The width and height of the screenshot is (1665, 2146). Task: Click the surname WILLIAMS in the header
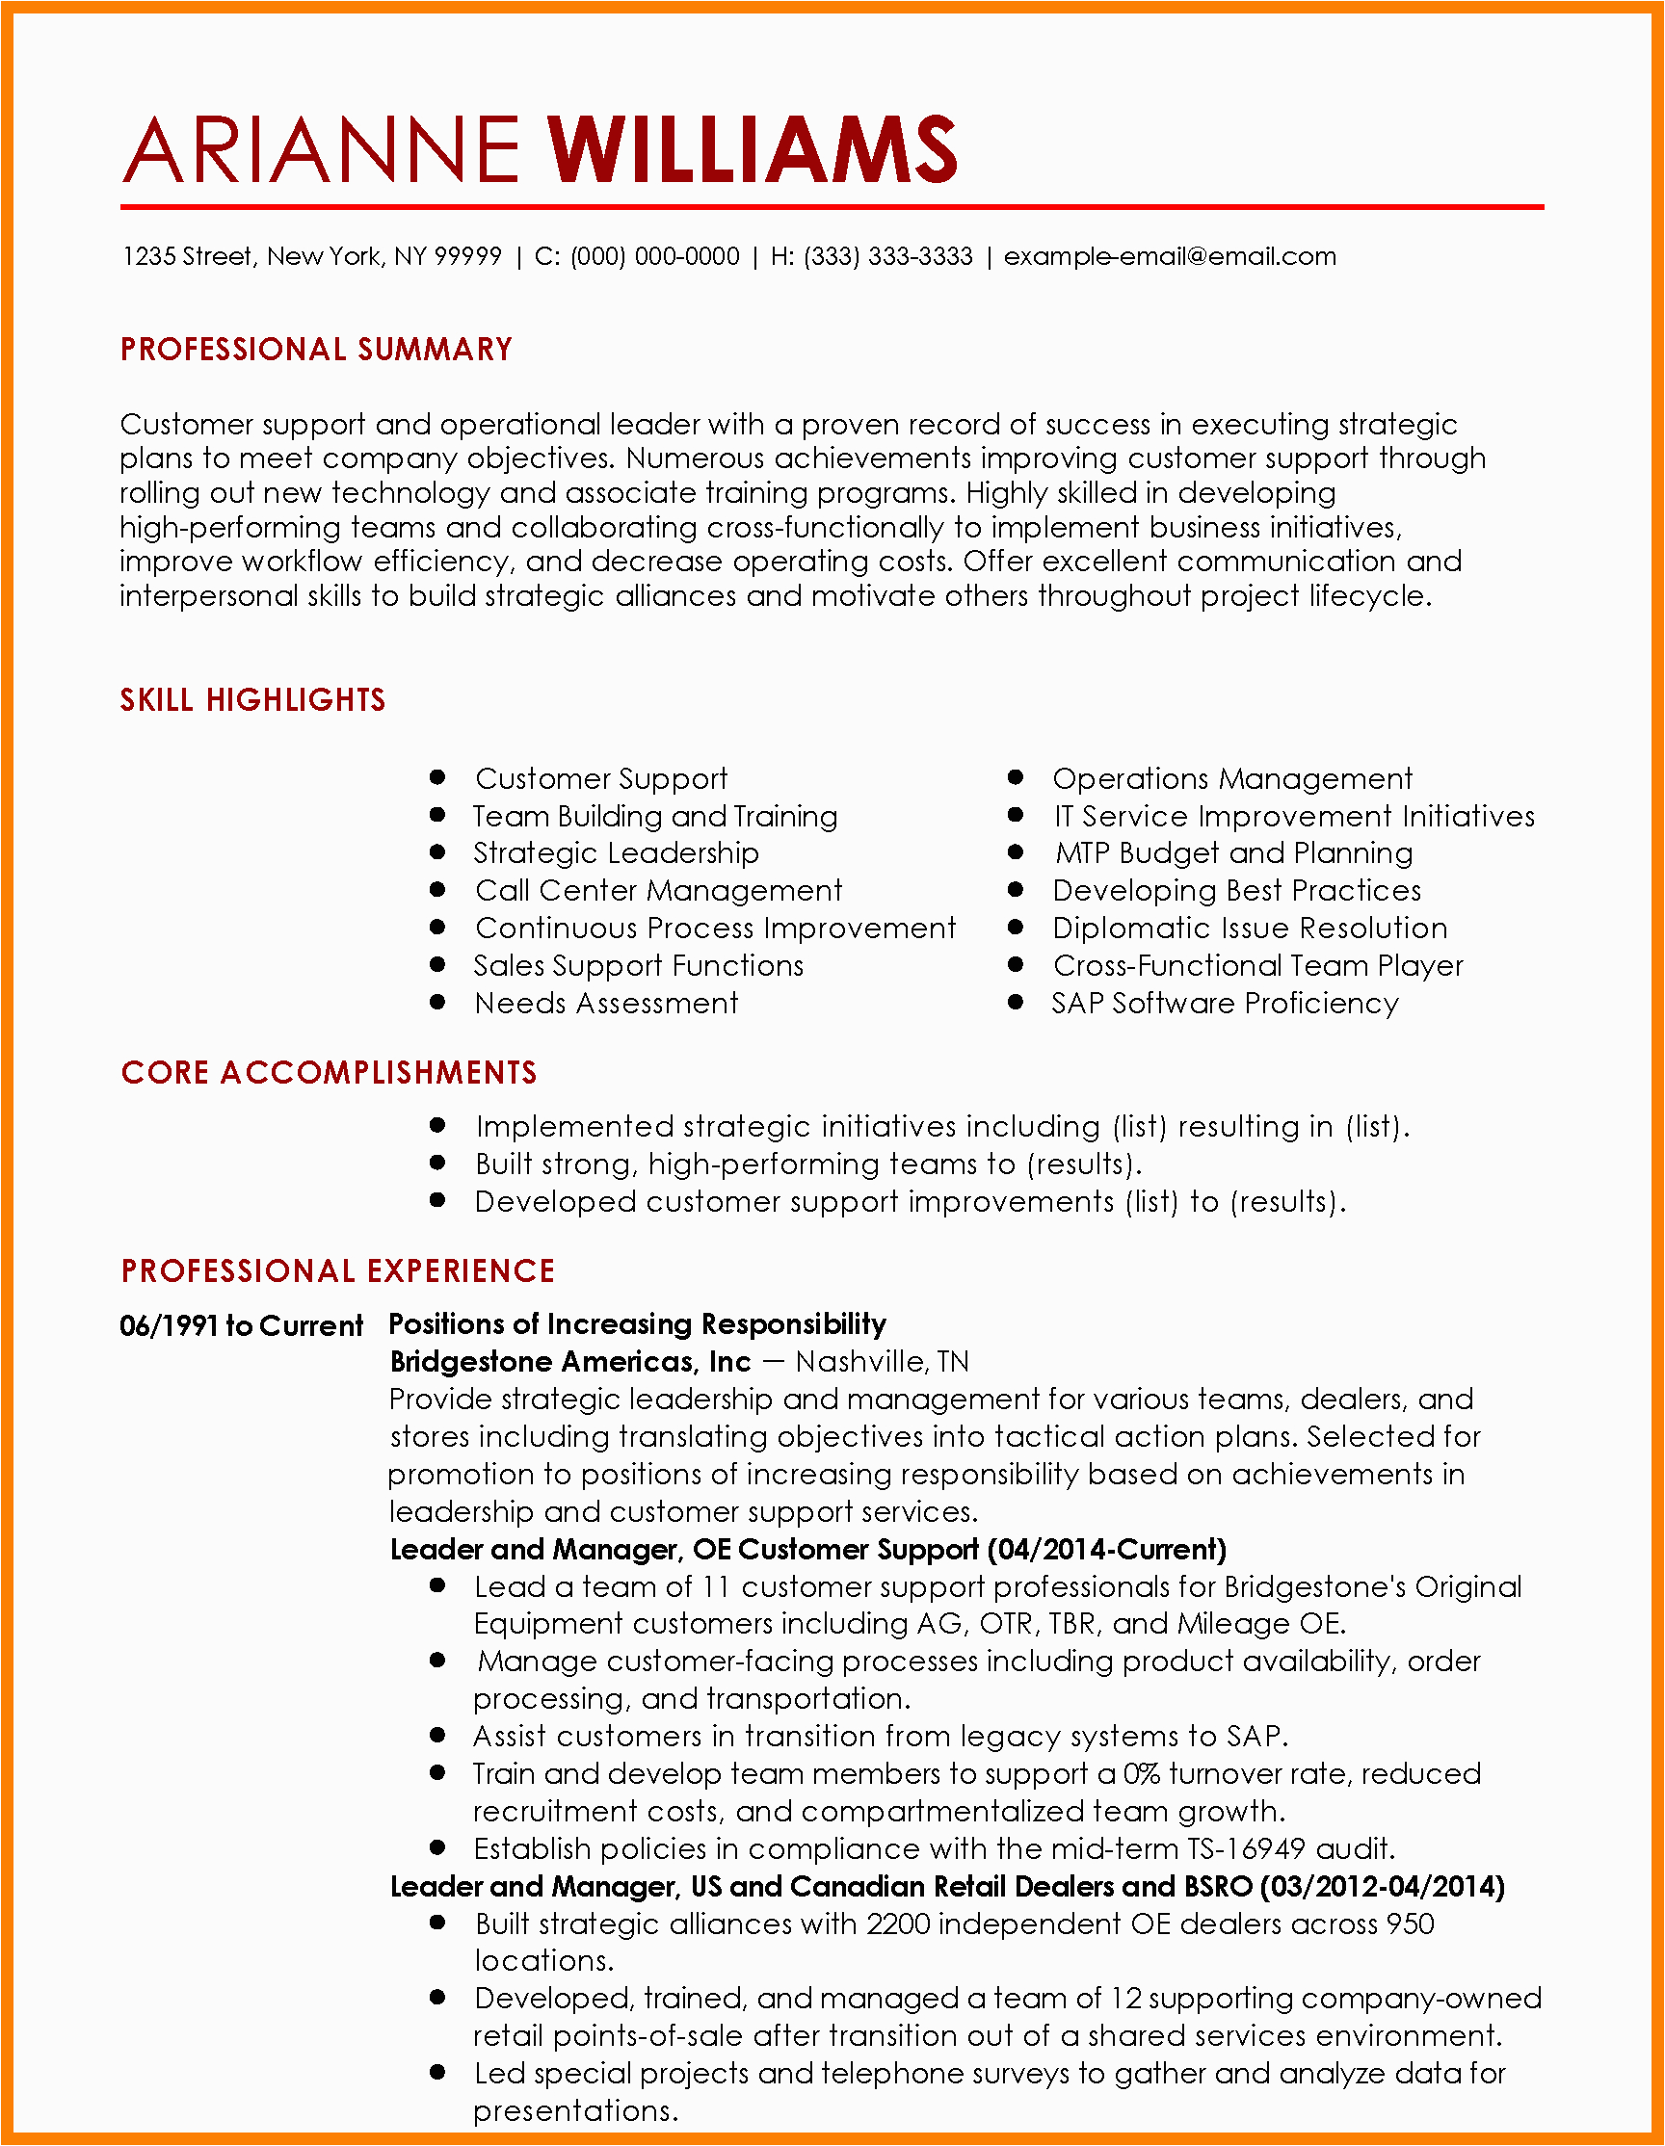[752, 149]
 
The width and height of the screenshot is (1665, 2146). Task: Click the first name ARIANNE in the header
[322, 149]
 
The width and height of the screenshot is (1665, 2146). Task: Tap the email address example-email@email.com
[1170, 256]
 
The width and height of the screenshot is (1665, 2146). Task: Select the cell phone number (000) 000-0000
[654, 256]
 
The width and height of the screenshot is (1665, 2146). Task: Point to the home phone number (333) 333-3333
[887, 256]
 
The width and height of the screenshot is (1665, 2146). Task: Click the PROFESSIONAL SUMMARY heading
[316, 350]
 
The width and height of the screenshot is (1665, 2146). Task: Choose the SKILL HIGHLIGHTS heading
[252, 699]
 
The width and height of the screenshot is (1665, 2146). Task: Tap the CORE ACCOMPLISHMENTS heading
[329, 1072]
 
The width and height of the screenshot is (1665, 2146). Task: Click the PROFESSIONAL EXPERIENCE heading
[338, 1270]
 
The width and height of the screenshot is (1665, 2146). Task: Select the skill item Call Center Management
[658, 890]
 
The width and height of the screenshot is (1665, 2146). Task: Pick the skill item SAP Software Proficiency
[1225, 1004]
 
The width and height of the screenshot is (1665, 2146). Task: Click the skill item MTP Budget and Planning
[1233, 852]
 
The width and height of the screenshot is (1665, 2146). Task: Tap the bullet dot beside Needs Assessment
[438, 1003]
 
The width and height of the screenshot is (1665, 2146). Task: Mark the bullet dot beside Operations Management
[1017, 777]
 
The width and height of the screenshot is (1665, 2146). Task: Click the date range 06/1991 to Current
[242, 1325]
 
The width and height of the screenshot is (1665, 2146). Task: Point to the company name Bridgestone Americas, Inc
[570, 1362]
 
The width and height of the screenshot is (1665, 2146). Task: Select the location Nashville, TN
[882, 1362]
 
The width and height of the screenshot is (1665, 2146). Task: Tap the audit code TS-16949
[1246, 1848]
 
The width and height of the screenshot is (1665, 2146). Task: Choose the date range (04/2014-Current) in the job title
[1107, 1550]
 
